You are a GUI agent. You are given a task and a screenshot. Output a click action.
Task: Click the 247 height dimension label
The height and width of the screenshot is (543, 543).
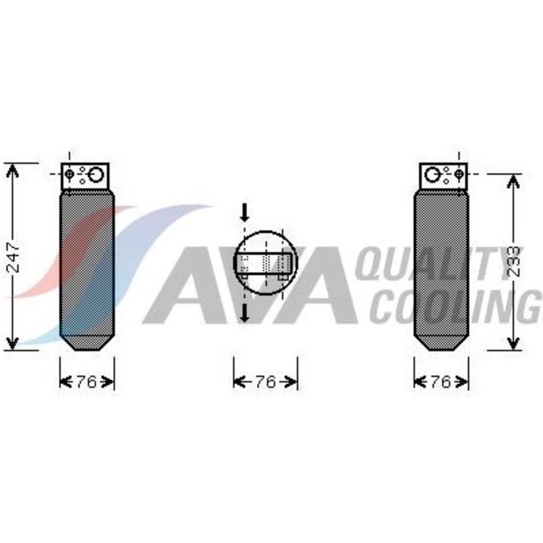click(x=14, y=257)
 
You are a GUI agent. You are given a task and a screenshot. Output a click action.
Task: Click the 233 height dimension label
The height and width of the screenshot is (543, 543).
click(x=514, y=261)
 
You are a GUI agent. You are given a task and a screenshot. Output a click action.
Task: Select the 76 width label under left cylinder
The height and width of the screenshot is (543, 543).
click(x=87, y=382)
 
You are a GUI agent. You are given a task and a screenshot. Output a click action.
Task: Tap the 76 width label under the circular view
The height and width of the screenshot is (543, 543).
click(x=266, y=382)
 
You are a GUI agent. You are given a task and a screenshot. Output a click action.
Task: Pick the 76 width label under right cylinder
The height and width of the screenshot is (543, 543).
click(x=441, y=382)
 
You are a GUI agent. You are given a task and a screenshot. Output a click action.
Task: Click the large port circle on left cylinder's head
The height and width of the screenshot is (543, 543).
click(x=96, y=175)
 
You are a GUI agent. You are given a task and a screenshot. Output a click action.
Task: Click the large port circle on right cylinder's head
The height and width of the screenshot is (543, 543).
click(x=432, y=175)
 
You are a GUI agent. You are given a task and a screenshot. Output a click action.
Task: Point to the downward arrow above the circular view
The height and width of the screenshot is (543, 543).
click(x=245, y=213)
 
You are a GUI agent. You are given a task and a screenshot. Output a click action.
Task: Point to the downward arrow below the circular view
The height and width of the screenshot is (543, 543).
click(x=245, y=313)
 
